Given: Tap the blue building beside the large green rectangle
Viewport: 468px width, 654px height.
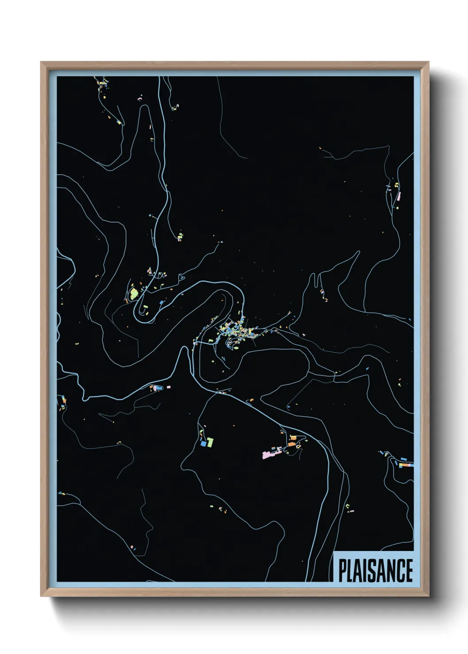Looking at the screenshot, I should tap(204, 443).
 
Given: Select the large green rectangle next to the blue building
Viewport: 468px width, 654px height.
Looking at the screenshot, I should tap(211, 441).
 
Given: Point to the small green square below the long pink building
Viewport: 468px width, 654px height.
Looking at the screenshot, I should tap(397, 205).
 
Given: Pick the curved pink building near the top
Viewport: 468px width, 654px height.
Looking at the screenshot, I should tap(140, 100).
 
